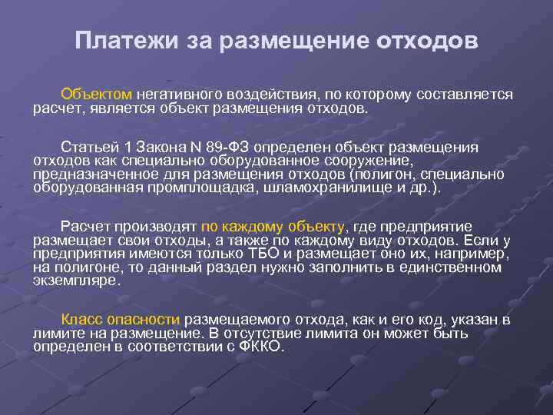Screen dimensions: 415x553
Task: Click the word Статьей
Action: point(87,147)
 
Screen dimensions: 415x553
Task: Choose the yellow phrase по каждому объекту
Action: point(273,226)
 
